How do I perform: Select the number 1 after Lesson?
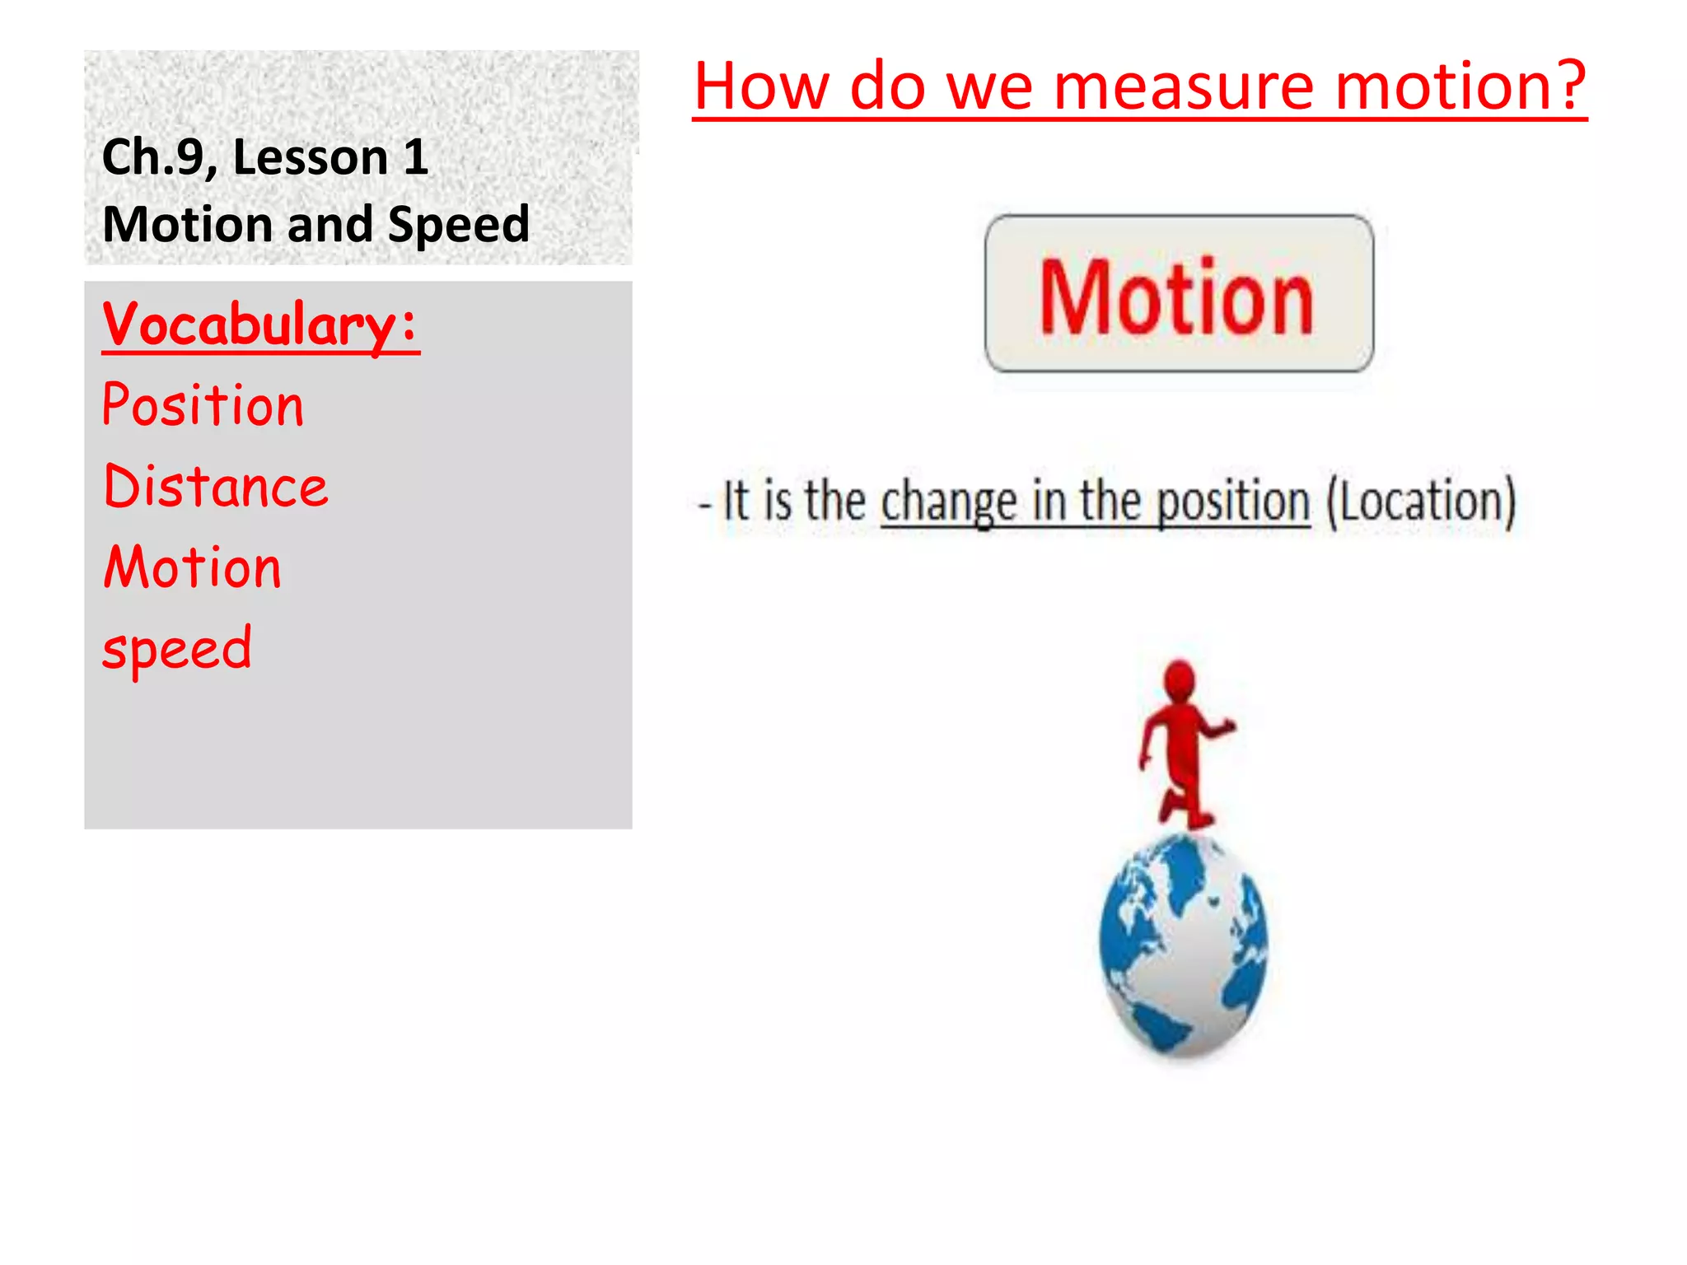[415, 157]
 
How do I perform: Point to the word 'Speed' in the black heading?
[458, 225]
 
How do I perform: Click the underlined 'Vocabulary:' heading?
[260, 325]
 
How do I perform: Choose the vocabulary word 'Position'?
[203, 406]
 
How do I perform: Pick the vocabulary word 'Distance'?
[216, 487]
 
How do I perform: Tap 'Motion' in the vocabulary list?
[193, 568]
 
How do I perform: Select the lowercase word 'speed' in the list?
[177, 649]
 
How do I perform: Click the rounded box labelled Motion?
[1178, 294]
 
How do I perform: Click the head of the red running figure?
[1180, 679]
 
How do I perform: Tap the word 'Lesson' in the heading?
[311, 157]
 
